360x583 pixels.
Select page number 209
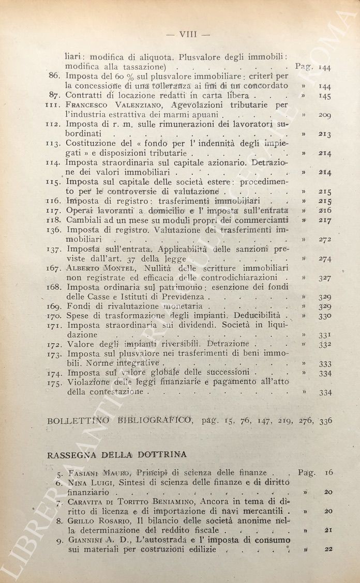click(x=324, y=115)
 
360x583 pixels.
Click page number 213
click(x=325, y=134)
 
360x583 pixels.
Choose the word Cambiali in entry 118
click(x=83, y=220)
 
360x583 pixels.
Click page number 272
click(x=324, y=239)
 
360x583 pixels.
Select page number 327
click(x=325, y=278)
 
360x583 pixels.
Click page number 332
click(x=325, y=344)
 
